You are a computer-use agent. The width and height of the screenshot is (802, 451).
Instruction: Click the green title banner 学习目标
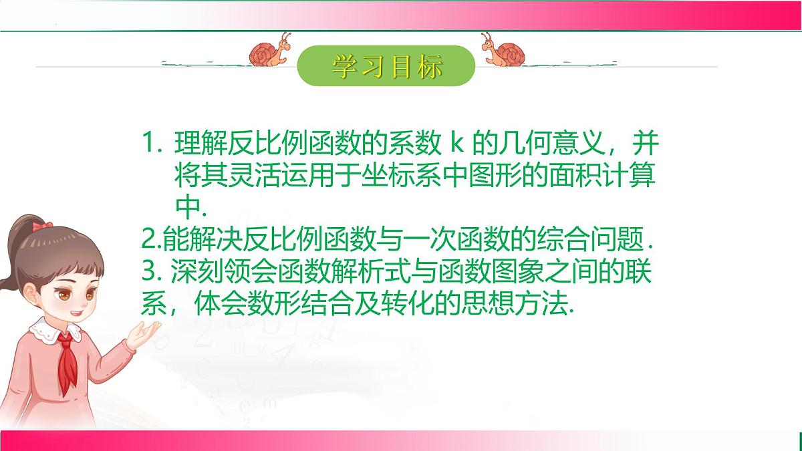point(386,66)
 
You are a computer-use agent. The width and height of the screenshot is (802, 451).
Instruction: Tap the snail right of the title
point(504,51)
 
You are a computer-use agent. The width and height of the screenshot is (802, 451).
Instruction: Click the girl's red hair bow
point(42,227)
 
